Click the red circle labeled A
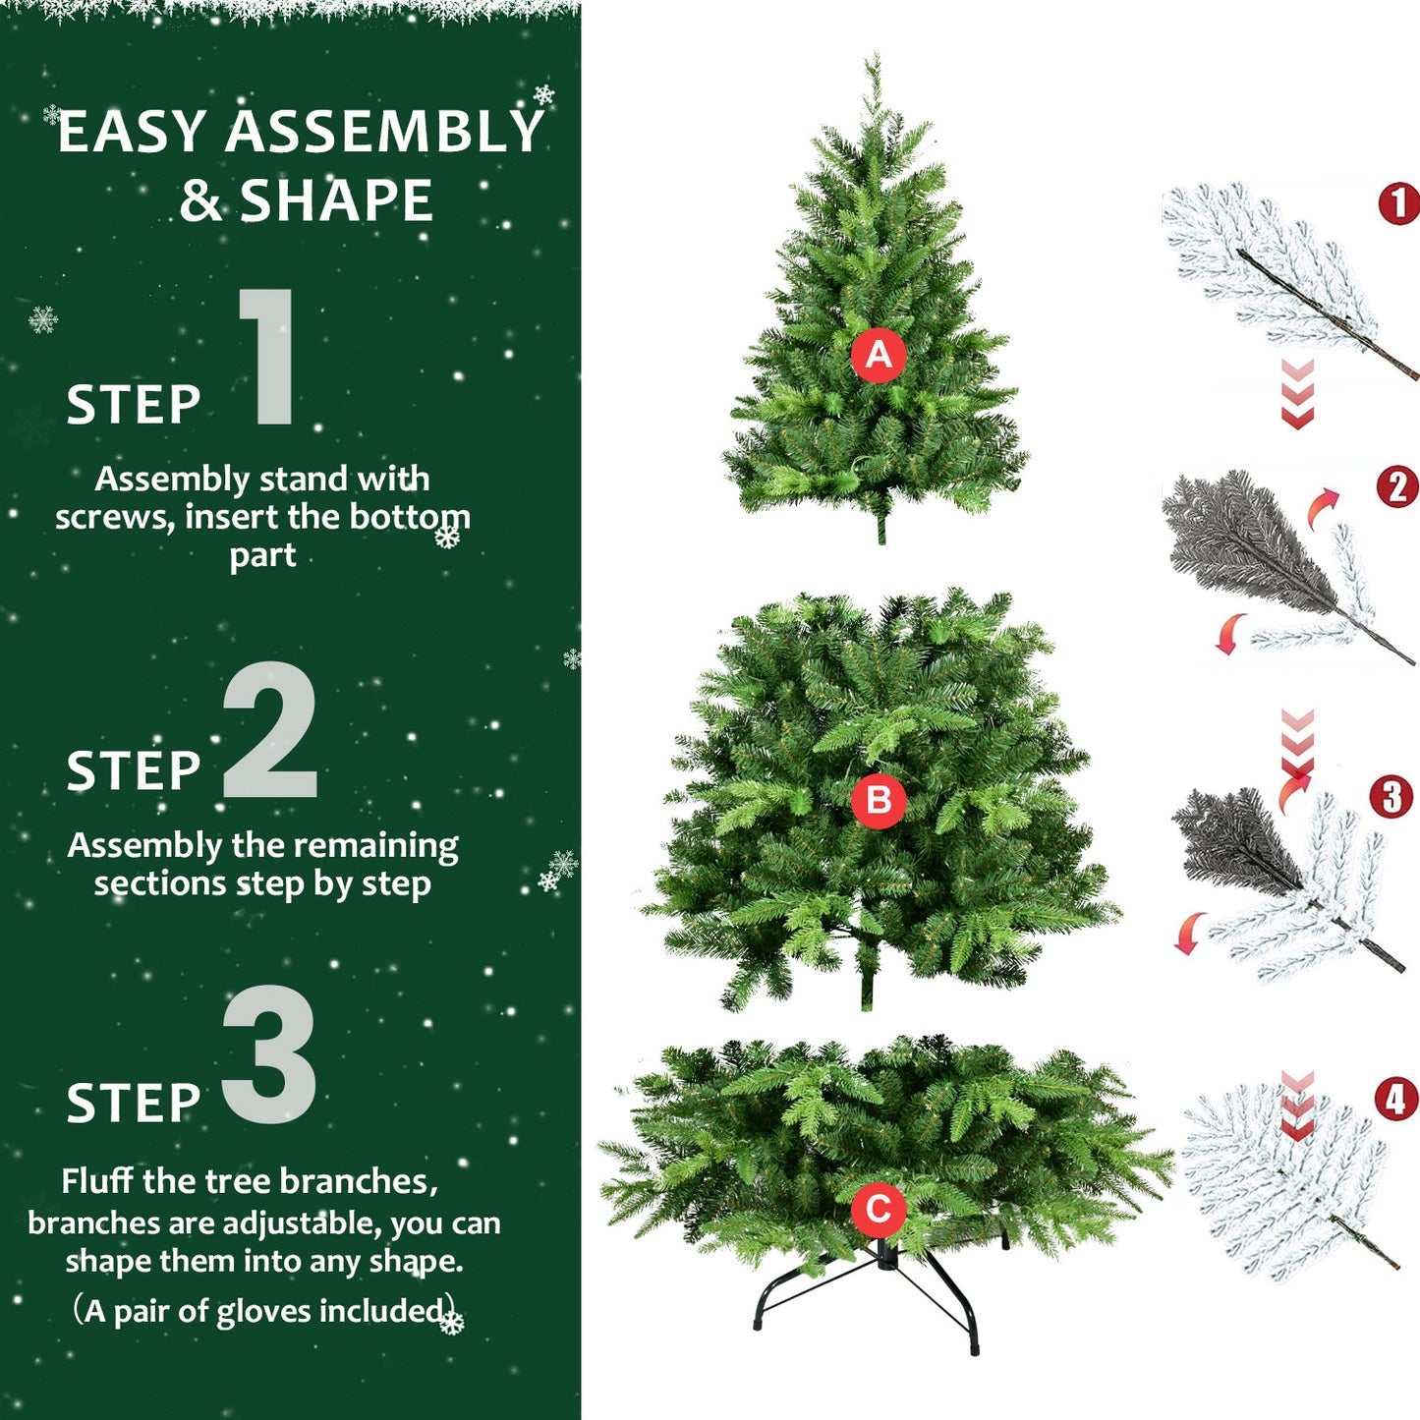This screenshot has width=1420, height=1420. point(878,355)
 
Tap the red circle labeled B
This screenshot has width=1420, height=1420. point(878,800)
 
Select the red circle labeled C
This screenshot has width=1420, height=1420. point(878,1209)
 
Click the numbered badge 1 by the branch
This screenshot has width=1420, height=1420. point(1399,203)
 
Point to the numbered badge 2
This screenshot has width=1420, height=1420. point(1397,487)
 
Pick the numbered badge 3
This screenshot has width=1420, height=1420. point(1392,797)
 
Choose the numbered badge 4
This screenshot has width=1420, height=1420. point(1395,1100)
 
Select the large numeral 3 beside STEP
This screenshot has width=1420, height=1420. point(269,1054)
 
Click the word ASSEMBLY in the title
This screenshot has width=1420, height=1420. point(384,132)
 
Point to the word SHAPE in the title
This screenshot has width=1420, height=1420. point(336,201)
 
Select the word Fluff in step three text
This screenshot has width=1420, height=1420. point(97,1180)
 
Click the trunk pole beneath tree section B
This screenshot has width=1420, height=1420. point(867,983)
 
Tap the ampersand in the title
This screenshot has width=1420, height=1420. point(200,201)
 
